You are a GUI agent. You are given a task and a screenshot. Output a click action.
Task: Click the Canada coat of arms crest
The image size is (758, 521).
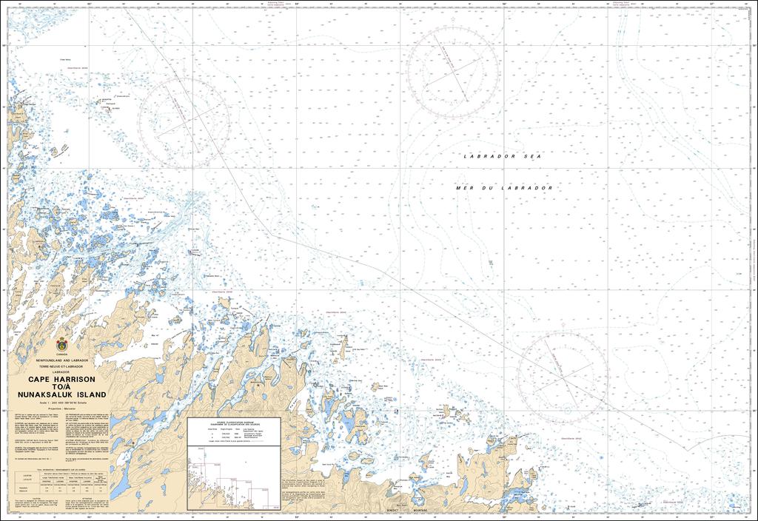tap(61, 344)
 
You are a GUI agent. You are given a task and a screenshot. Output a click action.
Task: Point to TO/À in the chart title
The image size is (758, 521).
tap(61, 387)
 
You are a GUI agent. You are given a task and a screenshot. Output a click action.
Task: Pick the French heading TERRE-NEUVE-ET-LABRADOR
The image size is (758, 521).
tap(61, 366)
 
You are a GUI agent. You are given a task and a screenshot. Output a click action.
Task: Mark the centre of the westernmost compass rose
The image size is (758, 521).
tap(183, 123)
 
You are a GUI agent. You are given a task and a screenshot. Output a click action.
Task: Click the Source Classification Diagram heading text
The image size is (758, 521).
tap(233, 422)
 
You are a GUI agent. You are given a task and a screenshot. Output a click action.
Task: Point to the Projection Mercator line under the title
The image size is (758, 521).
tap(61, 409)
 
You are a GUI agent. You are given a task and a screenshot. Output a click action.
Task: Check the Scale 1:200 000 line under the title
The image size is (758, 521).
tap(63, 403)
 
